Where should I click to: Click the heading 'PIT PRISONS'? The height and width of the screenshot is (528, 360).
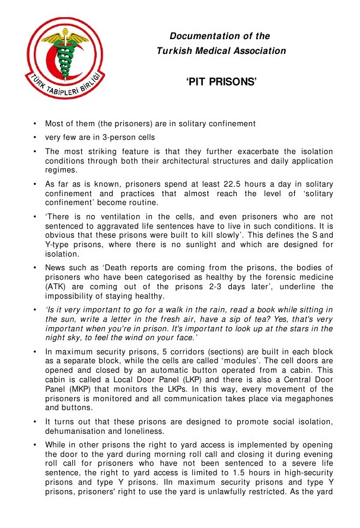pyautogui.click(x=221, y=82)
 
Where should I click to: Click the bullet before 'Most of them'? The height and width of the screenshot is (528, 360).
pyautogui.click(x=35, y=124)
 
